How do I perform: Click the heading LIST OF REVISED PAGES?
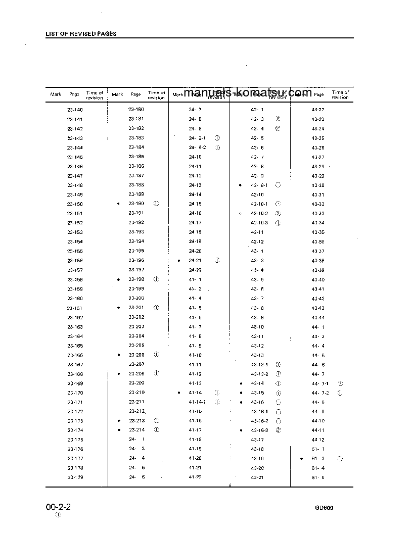[x=81, y=34]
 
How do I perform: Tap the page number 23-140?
[x=75, y=110]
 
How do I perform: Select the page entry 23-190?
[x=136, y=204]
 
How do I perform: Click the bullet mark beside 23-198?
[x=118, y=279]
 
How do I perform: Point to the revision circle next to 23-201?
[x=156, y=308]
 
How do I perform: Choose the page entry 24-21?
[x=195, y=261]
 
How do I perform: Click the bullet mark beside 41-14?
[x=179, y=393]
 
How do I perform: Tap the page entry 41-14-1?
[x=197, y=402]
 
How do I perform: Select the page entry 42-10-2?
[x=260, y=213]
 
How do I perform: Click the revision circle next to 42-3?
[x=278, y=119]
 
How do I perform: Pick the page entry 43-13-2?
[x=260, y=374]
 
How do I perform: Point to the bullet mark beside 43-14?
[x=241, y=383]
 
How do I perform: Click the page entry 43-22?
[x=318, y=110]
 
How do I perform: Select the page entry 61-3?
[x=318, y=459]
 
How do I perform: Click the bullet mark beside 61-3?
[x=301, y=459]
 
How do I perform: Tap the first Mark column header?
[x=56, y=94]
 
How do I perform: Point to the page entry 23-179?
[x=75, y=477]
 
